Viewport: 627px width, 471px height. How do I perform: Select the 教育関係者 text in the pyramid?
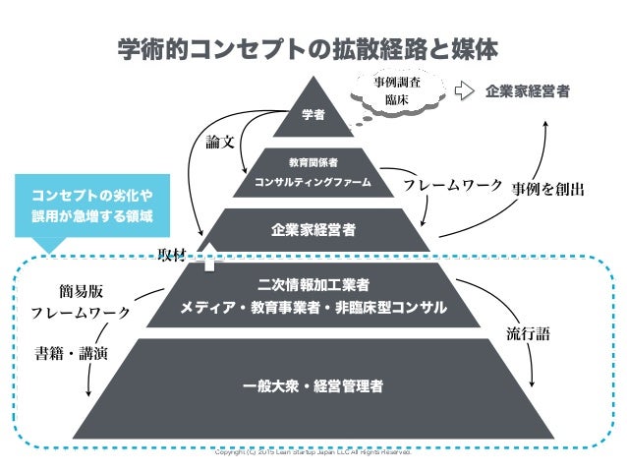point(313,161)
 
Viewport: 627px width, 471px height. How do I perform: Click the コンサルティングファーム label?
point(313,183)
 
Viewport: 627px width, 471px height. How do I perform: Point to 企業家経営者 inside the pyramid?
point(313,230)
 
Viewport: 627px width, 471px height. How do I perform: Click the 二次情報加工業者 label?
point(313,285)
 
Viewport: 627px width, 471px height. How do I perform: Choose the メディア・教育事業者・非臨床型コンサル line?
point(313,309)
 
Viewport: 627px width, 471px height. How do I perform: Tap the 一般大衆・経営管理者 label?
point(313,384)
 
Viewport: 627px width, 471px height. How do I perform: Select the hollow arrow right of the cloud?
point(464,91)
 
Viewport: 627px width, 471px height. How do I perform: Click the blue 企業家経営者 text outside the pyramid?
point(527,91)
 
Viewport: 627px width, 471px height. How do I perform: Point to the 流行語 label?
point(528,333)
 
